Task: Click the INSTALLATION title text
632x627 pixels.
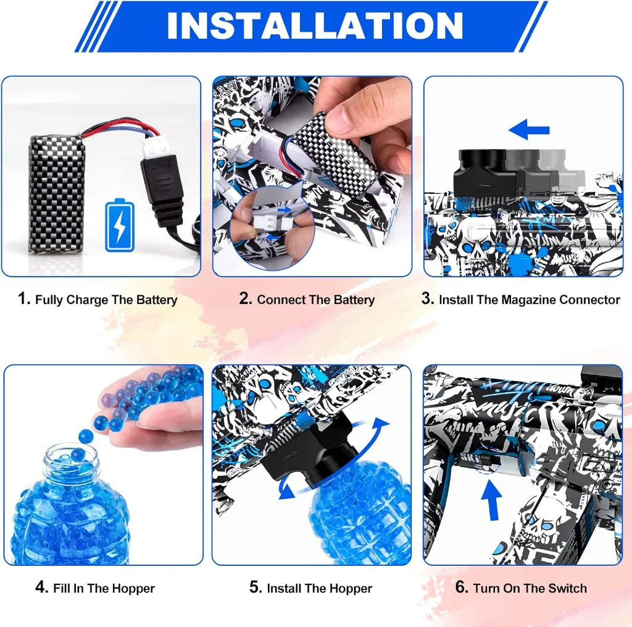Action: [315, 26]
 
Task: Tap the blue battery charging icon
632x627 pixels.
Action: [120, 225]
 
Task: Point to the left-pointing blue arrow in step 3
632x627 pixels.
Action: [529, 130]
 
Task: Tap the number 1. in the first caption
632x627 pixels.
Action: [24, 298]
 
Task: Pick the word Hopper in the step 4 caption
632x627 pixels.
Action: [133, 588]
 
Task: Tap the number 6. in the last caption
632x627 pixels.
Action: [462, 587]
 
